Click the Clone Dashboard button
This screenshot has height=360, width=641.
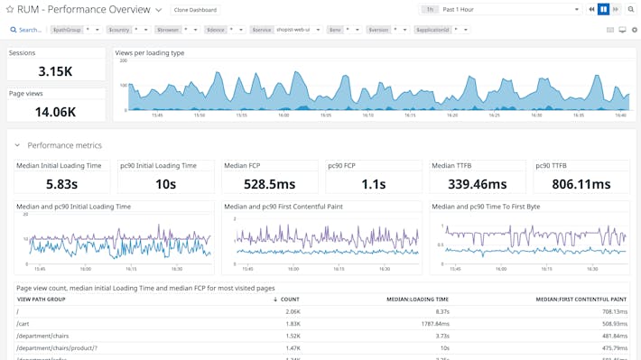click(195, 10)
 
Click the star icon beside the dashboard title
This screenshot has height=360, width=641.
click(9, 10)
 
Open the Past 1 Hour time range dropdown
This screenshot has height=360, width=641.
click(509, 10)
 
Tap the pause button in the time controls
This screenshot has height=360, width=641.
click(604, 10)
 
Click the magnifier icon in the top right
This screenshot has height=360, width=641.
click(631, 10)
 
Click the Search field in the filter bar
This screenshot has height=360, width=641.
click(29, 30)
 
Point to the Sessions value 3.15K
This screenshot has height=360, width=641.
click(55, 71)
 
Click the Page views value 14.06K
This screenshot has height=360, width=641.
click(55, 112)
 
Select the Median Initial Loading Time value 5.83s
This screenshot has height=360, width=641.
click(61, 183)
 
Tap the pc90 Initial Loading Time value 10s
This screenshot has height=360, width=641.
click(165, 183)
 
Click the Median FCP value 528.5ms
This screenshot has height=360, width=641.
click(270, 183)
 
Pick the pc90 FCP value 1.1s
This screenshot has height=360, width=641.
click(374, 183)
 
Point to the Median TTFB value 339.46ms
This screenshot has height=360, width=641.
click(477, 183)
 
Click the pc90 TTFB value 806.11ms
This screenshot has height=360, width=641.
click(581, 183)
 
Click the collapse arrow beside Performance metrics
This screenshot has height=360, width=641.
click(17, 145)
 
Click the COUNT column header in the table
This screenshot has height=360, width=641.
click(289, 299)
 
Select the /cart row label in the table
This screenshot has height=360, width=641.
click(23, 323)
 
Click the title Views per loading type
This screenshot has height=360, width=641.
click(150, 53)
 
